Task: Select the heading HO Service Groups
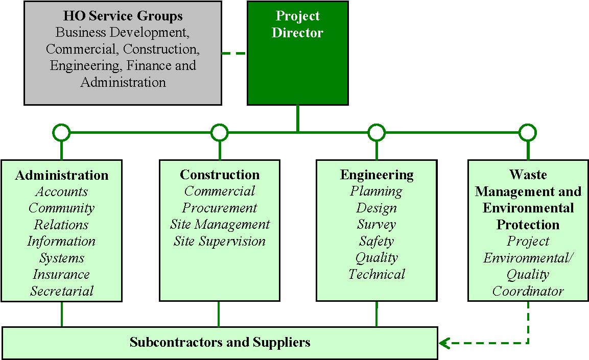pos(123,16)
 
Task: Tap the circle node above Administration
pos(61,133)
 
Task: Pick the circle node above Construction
pos(219,133)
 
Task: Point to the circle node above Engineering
pos(376,133)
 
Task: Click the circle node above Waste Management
pos(528,133)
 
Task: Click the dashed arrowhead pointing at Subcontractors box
pos(444,343)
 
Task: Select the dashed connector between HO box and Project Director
pos(234,53)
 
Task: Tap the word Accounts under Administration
pos(61,191)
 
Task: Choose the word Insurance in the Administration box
pos(61,274)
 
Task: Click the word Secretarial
pos(61,291)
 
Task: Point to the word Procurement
pos(219,208)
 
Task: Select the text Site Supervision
pos(219,241)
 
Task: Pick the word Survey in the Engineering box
pos(376,225)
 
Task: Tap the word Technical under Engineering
pos(376,274)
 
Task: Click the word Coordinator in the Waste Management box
pos(528,291)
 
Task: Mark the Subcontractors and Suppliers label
pos(220,342)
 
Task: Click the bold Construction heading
pos(219,175)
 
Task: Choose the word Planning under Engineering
pos(376,191)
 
